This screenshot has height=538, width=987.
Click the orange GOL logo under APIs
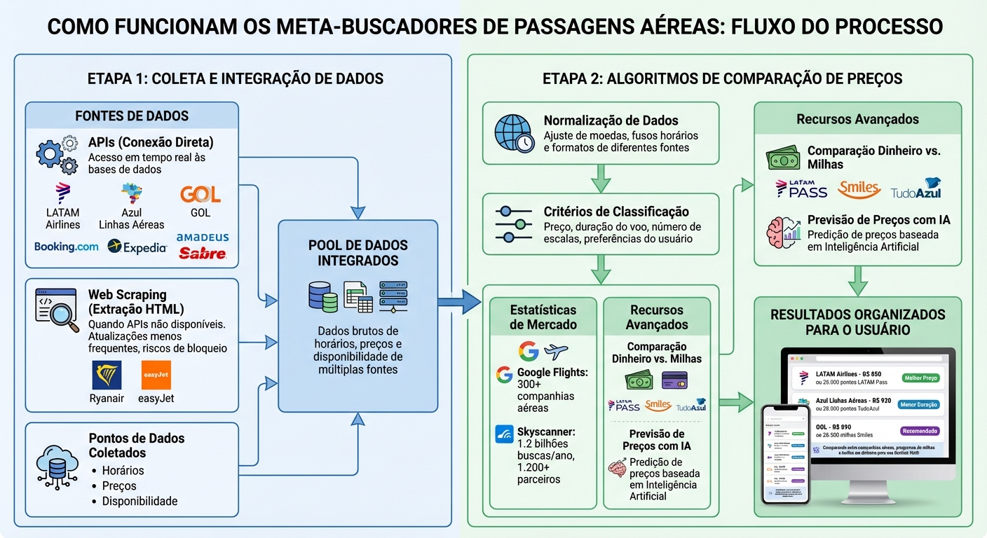pos(200,194)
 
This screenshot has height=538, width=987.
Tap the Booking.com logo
pos(67,247)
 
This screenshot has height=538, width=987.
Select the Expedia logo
pos(137,247)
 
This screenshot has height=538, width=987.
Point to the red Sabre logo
pos(203,254)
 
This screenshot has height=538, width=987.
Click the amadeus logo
pos(203,237)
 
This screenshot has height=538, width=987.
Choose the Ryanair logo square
pos(107,375)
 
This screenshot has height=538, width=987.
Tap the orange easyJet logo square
pos(156,375)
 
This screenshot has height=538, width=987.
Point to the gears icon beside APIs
pos(57,155)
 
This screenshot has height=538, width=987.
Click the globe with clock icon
pos(515,134)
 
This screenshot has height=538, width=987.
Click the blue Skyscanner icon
pos(504,434)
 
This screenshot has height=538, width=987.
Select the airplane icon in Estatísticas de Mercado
pos(555,352)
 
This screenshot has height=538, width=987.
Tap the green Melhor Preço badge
pos(920,378)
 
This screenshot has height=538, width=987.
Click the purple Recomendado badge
pos(920,431)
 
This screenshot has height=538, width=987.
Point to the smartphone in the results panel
pos(786,453)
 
